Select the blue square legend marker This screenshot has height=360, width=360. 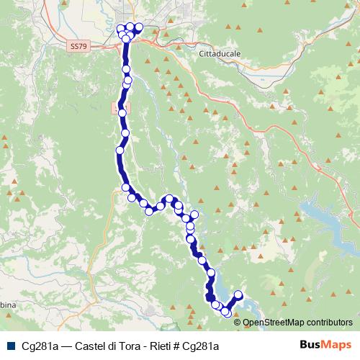point(9,346)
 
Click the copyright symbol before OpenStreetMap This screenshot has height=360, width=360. point(238,322)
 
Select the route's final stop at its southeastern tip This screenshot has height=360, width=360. point(238,294)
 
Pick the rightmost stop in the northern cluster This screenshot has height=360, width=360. point(139,27)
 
